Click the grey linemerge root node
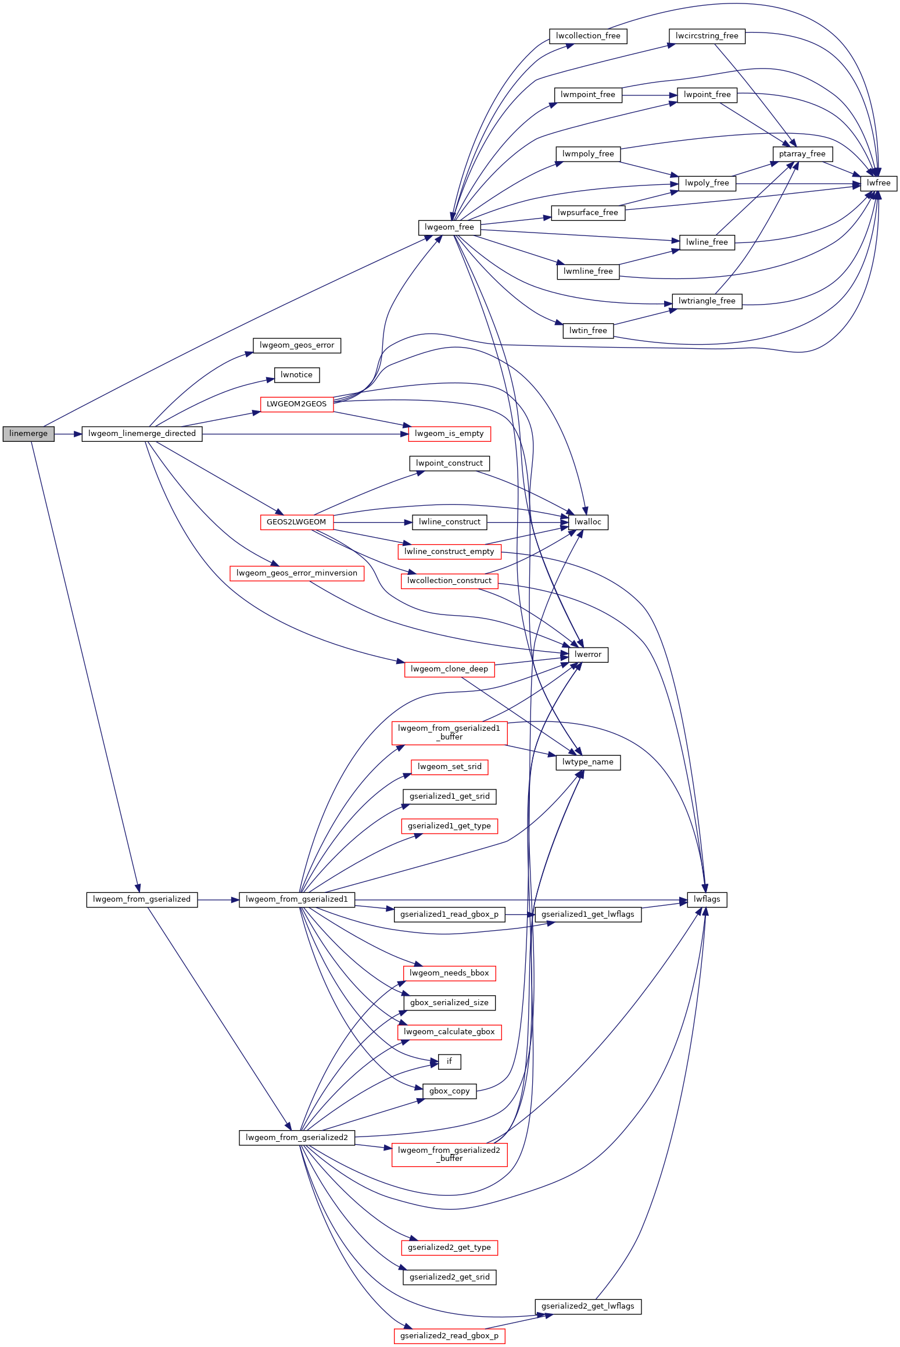click(28, 434)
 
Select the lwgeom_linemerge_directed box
click(142, 434)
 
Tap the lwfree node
click(878, 183)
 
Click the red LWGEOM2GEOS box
click(296, 404)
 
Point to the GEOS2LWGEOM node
click(296, 522)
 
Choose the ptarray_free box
click(802, 154)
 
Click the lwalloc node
click(587, 522)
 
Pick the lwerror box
click(587, 655)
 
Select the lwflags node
click(707, 899)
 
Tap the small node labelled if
click(449, 1062)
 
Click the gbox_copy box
click(449, 1091)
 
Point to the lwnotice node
click(296, 375)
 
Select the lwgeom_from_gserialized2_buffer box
click(449, 1154)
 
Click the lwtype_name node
click(587, 762)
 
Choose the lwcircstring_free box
click(707, 36)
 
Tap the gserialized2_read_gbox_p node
click(449, 1336)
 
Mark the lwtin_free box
click(587, 331)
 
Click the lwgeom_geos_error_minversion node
click(296, 573)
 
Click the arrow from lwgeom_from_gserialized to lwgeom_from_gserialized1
click(218, 900)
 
